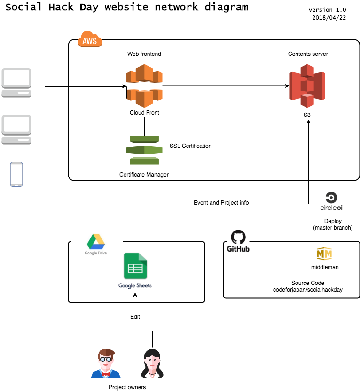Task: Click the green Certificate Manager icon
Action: tap(144, 150)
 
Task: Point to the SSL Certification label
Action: tap(190, 146)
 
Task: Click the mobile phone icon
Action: tap(16, 174)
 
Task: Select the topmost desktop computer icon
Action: tap(16, 82)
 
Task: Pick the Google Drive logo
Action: tap(96, 242)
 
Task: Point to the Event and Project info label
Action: tap(221, 203)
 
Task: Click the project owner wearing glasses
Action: tap(106, 364)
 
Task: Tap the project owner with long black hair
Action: tap(153, 364)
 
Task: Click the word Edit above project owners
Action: tap(135, 317)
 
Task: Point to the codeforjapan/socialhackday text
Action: tap(308, 290)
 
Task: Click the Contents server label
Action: tap(308, 54)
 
